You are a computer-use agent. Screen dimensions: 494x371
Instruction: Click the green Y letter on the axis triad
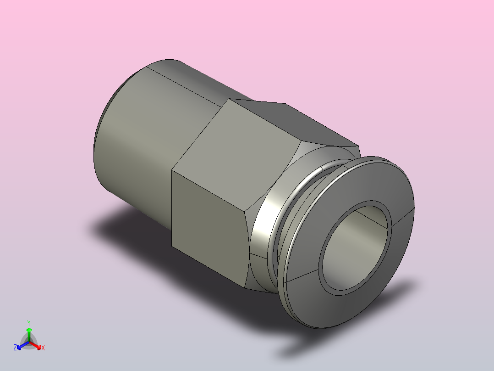point(29,323)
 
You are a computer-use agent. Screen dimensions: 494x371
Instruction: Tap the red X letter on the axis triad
point(43,348)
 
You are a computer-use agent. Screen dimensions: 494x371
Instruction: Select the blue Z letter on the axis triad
point(15,348)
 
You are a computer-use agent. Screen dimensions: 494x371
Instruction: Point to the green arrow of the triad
point(29,335)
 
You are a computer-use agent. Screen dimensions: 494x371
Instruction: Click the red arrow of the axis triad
point(35,345)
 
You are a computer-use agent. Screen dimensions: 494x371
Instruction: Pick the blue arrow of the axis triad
point(23,345)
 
